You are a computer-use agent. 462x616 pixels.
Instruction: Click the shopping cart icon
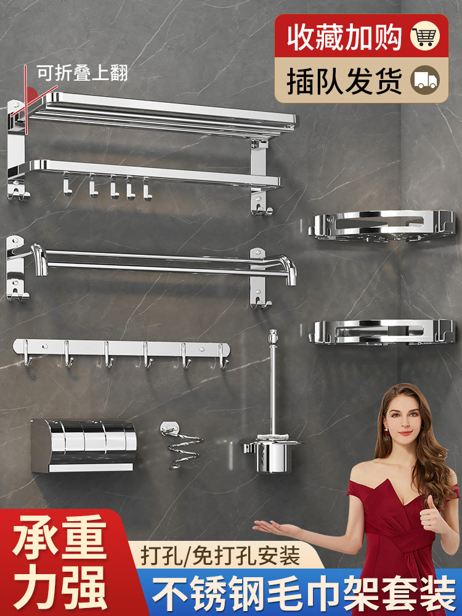click(424, 36)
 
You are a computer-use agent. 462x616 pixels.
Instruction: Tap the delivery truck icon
click(424, 79)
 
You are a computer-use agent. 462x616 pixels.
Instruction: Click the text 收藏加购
click(344, 36)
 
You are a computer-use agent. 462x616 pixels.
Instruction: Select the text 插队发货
click(344, 81)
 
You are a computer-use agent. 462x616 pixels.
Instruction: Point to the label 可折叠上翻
click(82, 73)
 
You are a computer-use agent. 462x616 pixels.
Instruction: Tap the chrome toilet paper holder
click(84, 445)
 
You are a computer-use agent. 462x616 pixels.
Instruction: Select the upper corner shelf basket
click(381, 226)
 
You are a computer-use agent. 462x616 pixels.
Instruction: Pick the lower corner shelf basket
click(381, 333)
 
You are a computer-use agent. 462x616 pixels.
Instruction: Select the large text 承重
click(60, 537)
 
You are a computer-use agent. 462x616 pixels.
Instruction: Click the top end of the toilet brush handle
click(273, 331)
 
